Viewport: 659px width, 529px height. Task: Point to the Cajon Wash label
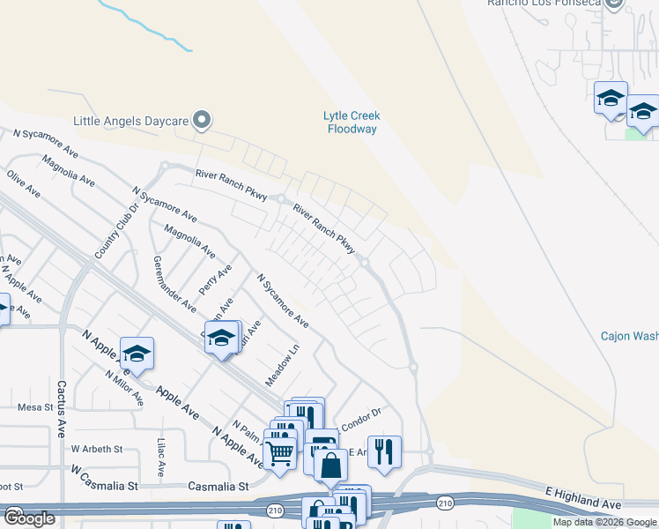(x=629, y=336)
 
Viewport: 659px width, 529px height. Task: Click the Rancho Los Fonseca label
(x=556, y=4)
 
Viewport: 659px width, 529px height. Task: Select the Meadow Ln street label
(x=283, y=364)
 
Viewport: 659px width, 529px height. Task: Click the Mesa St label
(x=36, y=407)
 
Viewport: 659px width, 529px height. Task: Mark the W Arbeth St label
(x=97, y=449)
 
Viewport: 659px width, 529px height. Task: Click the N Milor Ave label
(x=123, y=386)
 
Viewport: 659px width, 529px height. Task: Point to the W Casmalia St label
(x=106, y=481)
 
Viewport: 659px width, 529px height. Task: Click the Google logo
(x=29, y=518)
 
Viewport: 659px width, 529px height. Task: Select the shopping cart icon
(x=280, y=453)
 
